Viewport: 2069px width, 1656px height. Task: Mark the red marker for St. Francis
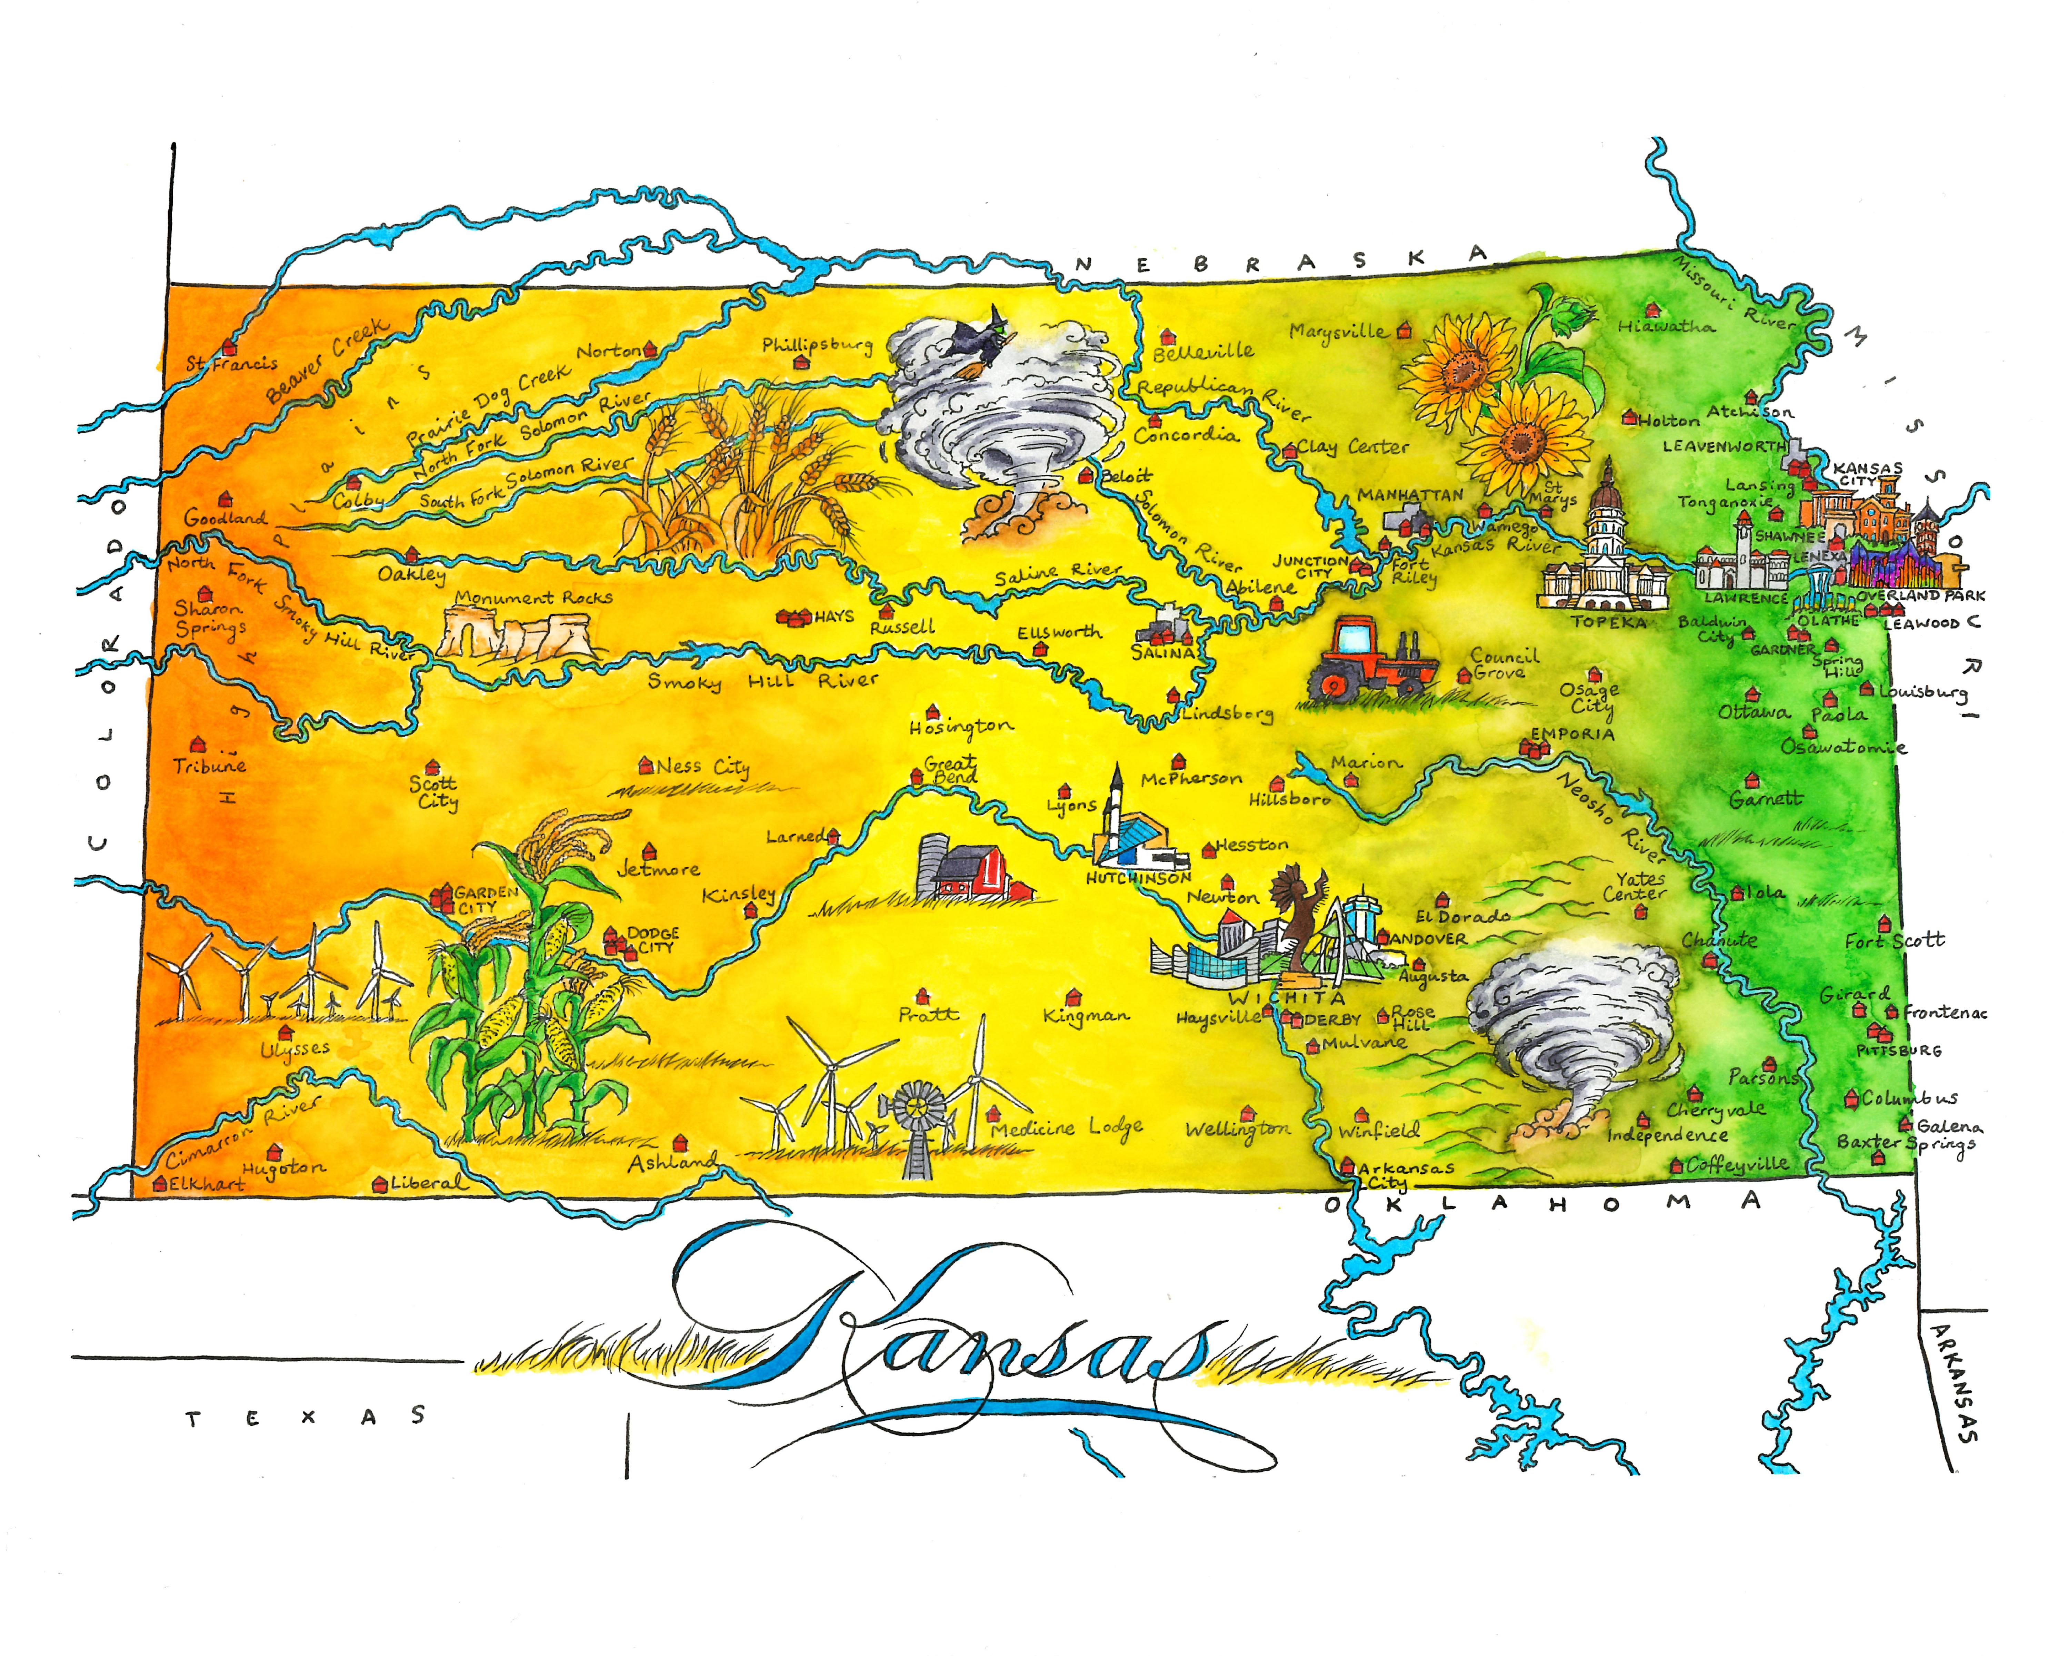click(228, 347)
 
